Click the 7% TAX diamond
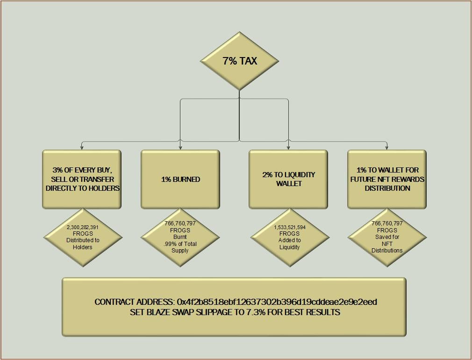239,61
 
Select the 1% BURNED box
180,179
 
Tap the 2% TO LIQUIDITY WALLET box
288,179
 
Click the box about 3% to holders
82,179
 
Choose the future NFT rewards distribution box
387,179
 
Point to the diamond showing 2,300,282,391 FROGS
83,237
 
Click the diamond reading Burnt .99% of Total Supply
180,237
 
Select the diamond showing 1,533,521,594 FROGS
290,237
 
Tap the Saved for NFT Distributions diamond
387,237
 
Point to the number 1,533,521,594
290,227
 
